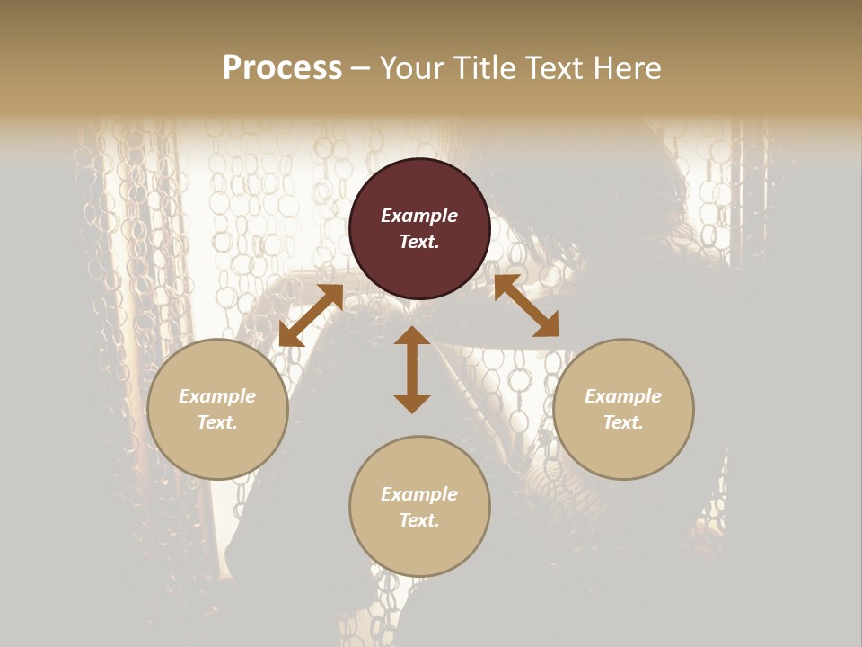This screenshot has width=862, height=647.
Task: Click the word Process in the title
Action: tap(282, 68)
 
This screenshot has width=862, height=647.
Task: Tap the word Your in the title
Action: tap(412, 68)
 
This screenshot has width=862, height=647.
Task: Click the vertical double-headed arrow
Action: tap(412, 369)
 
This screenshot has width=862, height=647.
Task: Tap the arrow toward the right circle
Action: tap(526, 306)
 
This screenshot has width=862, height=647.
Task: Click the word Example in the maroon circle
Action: tap(419, 216)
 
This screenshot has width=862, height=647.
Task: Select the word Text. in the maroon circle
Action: tap(419, 242)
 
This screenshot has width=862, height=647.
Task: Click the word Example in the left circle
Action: tap(217, 396)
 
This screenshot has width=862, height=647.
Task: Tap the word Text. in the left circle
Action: tap(217, 422)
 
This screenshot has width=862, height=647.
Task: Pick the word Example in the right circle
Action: tap(623, 396)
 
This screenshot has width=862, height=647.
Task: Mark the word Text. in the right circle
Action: tap(623, 422)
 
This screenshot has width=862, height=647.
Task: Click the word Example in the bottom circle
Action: tap(419, 494)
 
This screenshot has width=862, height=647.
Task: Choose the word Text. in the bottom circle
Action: tap(419, 520)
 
